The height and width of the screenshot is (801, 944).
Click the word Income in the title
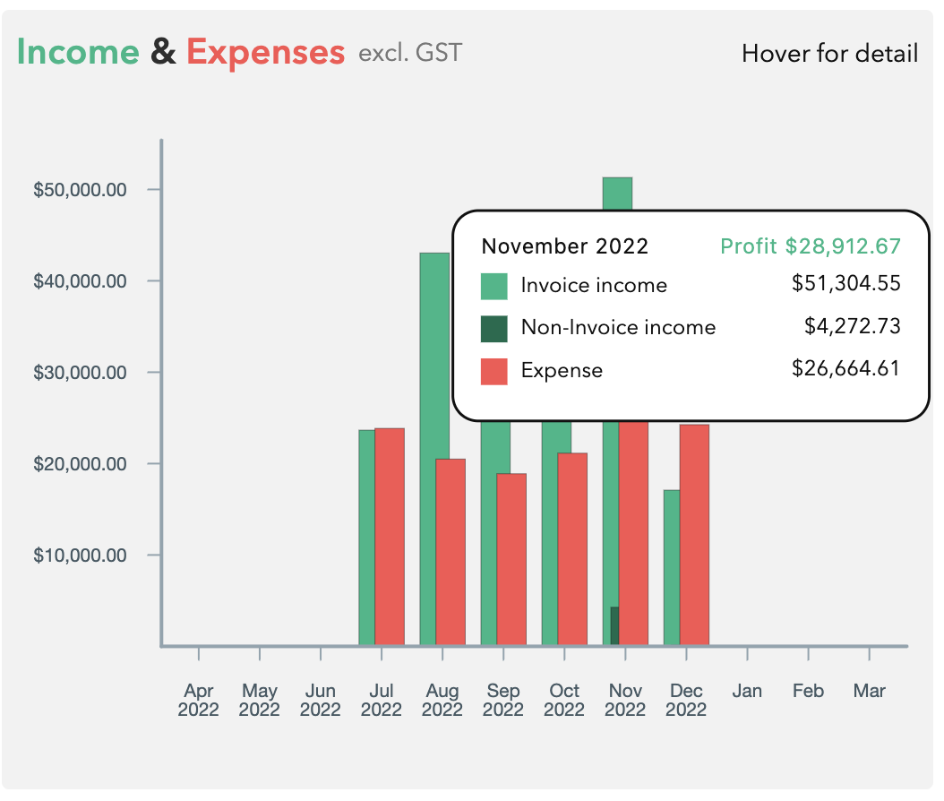(x=78, y=53)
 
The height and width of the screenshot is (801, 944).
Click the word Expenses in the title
(x=265, y=53)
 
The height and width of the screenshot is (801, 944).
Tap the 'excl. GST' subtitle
(x=410, y=53)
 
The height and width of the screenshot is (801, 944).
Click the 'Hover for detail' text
(x=829, y=54)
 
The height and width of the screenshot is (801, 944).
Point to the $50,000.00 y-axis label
(x=80, y=190)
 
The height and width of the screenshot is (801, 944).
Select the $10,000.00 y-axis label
(x=80, y=556)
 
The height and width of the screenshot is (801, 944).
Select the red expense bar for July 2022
(x=390, y=538)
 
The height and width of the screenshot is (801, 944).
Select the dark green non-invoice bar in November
(x=614, y=626)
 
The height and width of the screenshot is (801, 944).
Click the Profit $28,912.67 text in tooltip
(x=811, y=246)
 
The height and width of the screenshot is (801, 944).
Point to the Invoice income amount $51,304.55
(x=845, y=285)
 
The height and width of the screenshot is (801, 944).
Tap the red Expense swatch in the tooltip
(x=494, y=371)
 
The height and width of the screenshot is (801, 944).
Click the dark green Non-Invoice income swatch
(x=494, y=328)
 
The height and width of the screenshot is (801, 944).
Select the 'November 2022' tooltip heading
(x=564, y=246)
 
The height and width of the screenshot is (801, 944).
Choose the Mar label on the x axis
(x=869, y=692)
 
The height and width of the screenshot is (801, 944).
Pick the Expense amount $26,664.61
(x=845, y=369)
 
